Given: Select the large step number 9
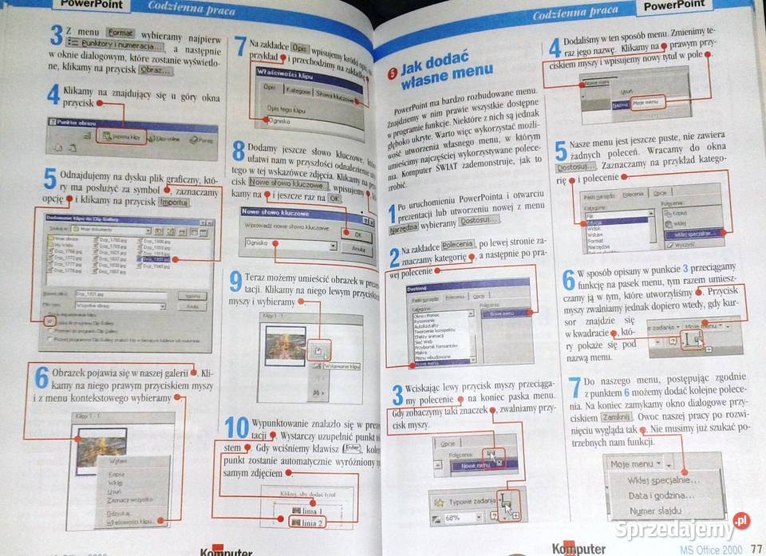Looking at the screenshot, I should click(x=235, y=282).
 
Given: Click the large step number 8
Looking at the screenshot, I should click(x=237, y=152).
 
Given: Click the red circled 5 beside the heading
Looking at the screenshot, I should click(x=392, y=73).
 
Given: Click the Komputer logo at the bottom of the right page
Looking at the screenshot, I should click(x=578, y=549).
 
